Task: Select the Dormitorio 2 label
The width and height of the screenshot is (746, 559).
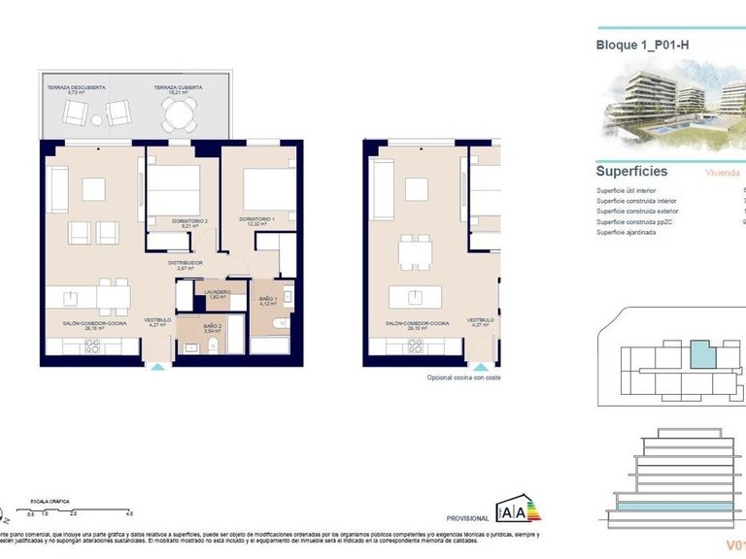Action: click(190, 223)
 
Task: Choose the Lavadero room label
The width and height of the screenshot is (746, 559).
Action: click(217, 293)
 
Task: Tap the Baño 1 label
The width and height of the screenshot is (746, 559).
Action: click(269, 301)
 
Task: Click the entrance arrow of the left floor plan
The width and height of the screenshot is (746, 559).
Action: click(158, 367)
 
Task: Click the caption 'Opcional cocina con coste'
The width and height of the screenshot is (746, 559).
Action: click(463, 378)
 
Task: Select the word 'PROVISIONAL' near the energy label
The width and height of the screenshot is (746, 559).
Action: click(467, 519)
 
